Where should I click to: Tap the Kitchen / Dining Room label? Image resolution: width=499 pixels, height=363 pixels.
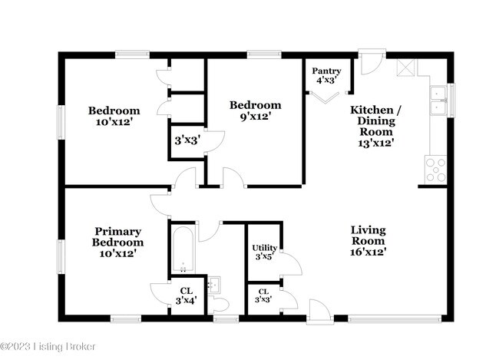[x=375, y=127]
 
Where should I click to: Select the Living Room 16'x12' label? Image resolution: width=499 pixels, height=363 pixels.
[x=368, y=240]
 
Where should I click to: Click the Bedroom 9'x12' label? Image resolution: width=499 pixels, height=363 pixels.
[x=256, y=111]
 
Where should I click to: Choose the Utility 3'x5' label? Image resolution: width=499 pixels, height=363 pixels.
[x=264, y=252]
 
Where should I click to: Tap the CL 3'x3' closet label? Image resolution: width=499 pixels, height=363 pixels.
[x=263, y=296]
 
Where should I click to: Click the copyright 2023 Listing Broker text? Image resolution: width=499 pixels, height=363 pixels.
[x=48, y=347]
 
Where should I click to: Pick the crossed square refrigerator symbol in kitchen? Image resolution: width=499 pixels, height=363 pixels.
[x=405, y=68]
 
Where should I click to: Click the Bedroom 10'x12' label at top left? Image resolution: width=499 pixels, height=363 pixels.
[x=114, y=115]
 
